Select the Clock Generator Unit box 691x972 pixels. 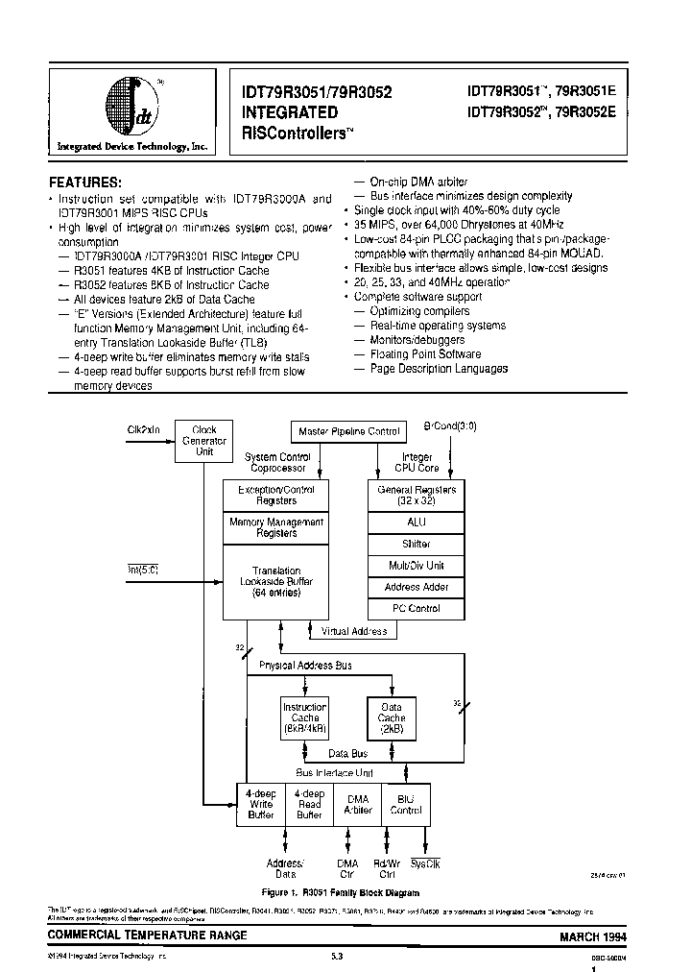point(204,441)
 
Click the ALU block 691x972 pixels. point(417,522)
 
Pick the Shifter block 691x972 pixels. point(417,544)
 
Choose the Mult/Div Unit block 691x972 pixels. point(417,565)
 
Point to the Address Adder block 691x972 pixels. point(417,587)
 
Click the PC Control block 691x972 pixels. point(417,608)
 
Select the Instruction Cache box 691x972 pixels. point(304,717)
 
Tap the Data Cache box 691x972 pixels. point(391,717)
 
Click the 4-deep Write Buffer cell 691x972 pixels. point(260,803)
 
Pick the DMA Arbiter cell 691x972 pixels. point(357,803)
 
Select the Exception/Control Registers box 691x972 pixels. point(274,495)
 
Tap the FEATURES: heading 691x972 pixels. point(85,182)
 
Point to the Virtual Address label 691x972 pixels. point(353,631)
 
